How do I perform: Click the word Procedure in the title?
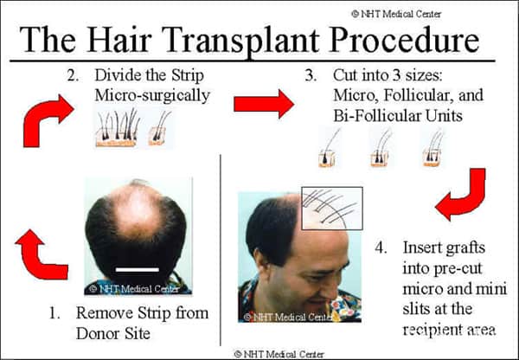405,39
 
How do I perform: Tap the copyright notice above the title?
396,14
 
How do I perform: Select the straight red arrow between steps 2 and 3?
264,104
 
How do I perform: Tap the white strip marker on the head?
137,270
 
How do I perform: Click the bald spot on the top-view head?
138,212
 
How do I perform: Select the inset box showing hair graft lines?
332,209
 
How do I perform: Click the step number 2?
73,76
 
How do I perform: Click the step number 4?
381,247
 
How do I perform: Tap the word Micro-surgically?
152,96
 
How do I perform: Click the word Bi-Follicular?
376,116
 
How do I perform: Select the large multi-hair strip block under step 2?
117,128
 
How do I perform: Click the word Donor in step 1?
96,333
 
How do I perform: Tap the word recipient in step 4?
428,330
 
